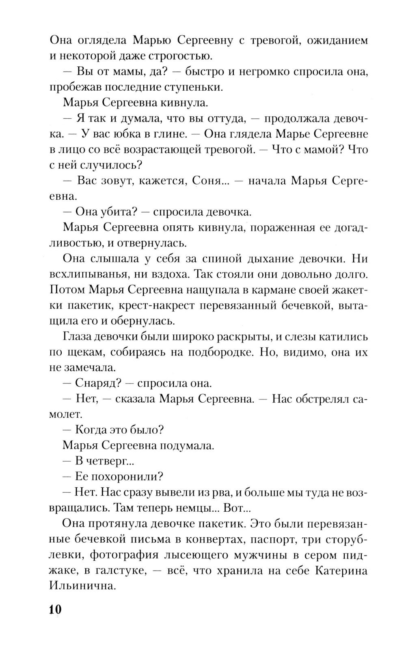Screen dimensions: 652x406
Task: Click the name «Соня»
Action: (205, 180)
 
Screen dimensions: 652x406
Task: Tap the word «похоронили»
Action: (130, 476)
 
